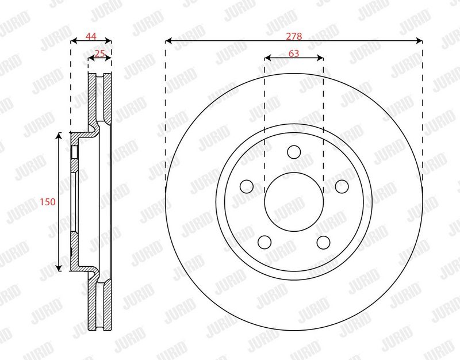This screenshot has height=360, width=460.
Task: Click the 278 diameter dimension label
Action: click(294, 36)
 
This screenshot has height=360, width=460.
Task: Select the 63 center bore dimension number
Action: click(294, 53)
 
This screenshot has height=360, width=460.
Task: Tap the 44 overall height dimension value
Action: click(91, 36)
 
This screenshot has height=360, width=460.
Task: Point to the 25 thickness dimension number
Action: click(99, 53)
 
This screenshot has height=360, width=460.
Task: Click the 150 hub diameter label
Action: click(48, 202)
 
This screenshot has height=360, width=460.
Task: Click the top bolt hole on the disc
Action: click(294, 152)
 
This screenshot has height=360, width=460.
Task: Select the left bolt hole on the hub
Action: click(247, 186)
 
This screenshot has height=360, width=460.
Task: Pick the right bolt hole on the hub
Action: click(342, 186)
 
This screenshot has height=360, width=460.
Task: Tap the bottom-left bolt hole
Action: click(264, 242)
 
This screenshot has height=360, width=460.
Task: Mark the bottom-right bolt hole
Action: click(324, 242)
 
